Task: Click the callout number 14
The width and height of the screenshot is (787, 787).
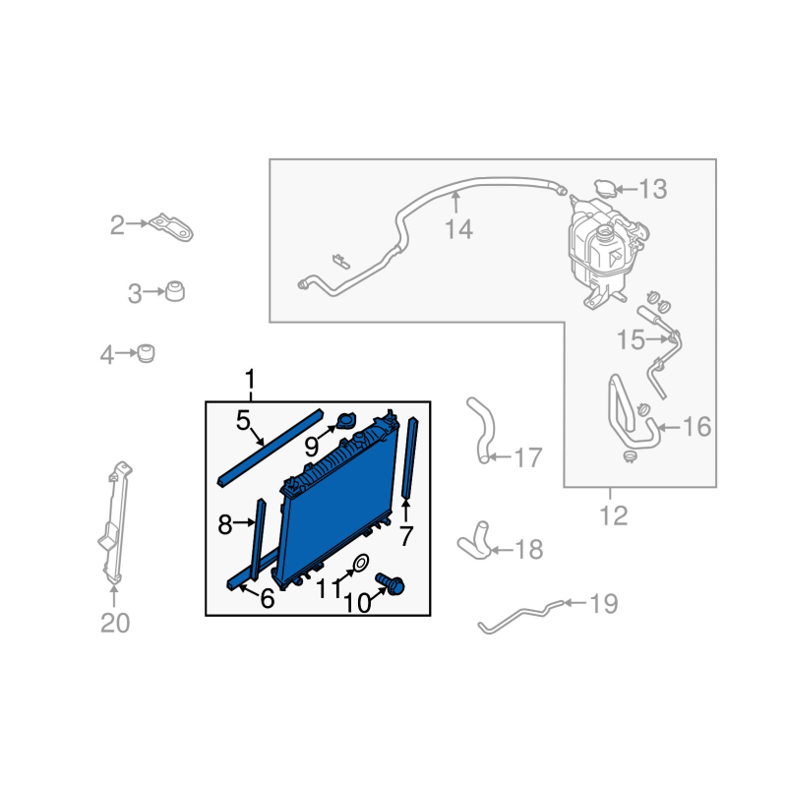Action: (x=458, y=229)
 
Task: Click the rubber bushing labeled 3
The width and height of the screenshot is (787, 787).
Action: (x=175, y=291)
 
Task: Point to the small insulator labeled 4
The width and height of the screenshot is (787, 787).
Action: (x=146, y=353)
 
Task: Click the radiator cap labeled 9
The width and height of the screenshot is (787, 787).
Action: (x=346, y=421)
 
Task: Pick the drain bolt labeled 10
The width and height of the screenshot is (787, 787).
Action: (x=391, y=584)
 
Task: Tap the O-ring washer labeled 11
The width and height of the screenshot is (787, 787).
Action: (x=361, y=563)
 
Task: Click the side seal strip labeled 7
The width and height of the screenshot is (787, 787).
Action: (x=409, y=457)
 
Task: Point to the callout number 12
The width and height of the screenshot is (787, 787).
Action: (x=613, y=515)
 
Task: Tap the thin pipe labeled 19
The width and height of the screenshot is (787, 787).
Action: (x=522, y=613)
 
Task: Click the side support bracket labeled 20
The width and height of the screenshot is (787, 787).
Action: (x=115, y=523)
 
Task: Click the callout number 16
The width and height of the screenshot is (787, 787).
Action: (x=697, y=427)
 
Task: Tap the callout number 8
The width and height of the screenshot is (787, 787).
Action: (x=224, y=524)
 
